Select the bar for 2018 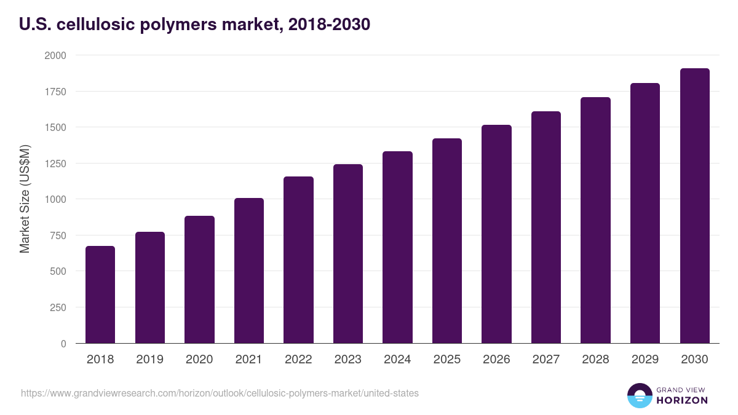(100, 294)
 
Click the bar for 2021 (249, 271)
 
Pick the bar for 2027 (546, 227)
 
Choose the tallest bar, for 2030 (694, 205)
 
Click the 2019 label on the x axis (149, 360)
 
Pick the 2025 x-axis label (447, 360)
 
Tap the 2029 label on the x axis (645, 360)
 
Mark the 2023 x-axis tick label (348, 360)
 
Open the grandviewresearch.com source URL (220, 393)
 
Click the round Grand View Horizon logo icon (640, 395)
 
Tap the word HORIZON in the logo (682, 400)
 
